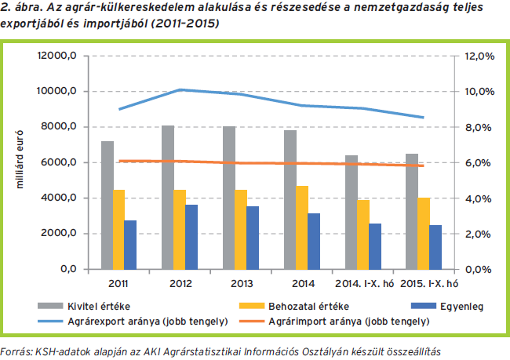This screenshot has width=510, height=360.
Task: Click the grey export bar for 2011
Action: [107, 205]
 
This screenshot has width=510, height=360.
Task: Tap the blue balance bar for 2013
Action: [253, 238]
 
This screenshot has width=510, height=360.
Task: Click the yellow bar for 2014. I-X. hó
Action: [362, 235]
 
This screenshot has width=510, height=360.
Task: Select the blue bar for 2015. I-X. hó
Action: [435, 247]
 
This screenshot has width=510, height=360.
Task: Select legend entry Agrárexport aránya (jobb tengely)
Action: [157, 321]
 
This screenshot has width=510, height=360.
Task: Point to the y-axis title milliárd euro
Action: [21, 162]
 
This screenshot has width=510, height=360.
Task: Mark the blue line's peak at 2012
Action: [180, 90]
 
